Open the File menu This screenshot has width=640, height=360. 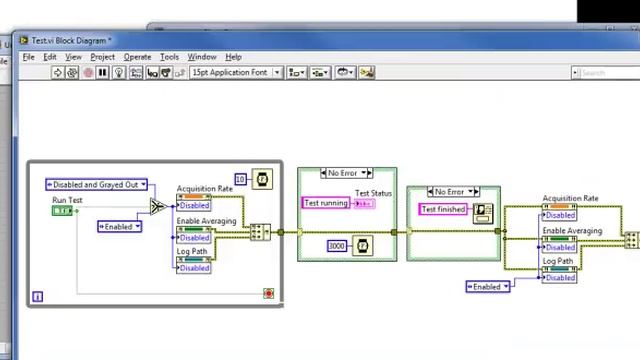click(29, 57)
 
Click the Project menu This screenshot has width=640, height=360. click(103, 57)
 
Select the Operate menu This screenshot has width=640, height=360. click(137, 57)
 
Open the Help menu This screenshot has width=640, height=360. click(233, 57)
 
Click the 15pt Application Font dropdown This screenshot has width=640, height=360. click(235, 72)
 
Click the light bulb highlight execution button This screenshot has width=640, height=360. click(118, 72)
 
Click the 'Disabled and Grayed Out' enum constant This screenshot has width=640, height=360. click(96, 184)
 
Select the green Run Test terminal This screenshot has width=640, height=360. click(64, 211)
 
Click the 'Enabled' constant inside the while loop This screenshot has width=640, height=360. click(119, 226)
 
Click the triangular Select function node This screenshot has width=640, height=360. click(157, 207)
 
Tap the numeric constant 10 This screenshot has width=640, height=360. click(240, 179)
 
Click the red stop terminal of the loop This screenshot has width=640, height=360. click(268, 293)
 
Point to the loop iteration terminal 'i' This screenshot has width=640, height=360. click(38, 296)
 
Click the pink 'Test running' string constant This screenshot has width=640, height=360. click(326, 203)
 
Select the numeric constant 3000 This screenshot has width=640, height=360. click(337, 245)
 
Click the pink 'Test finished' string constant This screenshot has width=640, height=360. click(443, 209)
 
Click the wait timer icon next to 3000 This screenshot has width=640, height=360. click(362, 245)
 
